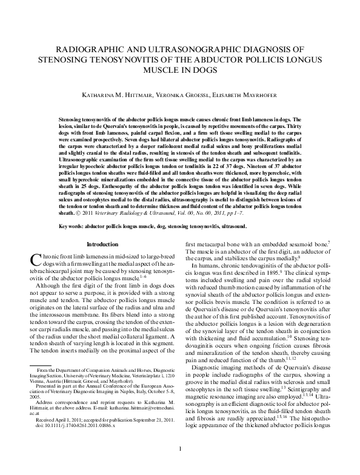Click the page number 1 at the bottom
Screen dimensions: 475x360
click(x=180, y=465)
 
